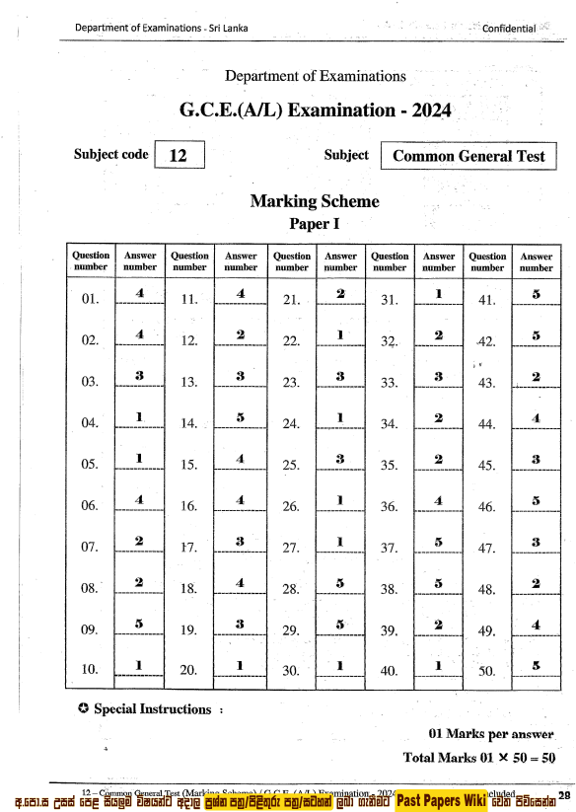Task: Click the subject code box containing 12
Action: click(x=180, y=156)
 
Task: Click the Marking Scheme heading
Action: click(x=315, y=201)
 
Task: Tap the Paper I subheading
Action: click(x=315, y=224)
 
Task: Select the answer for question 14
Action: click(x=240, y=417)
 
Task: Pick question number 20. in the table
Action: click(x=190, y=672)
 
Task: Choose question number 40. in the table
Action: click(x=389, y=672)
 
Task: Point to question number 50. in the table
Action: click(x=486, y=672)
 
